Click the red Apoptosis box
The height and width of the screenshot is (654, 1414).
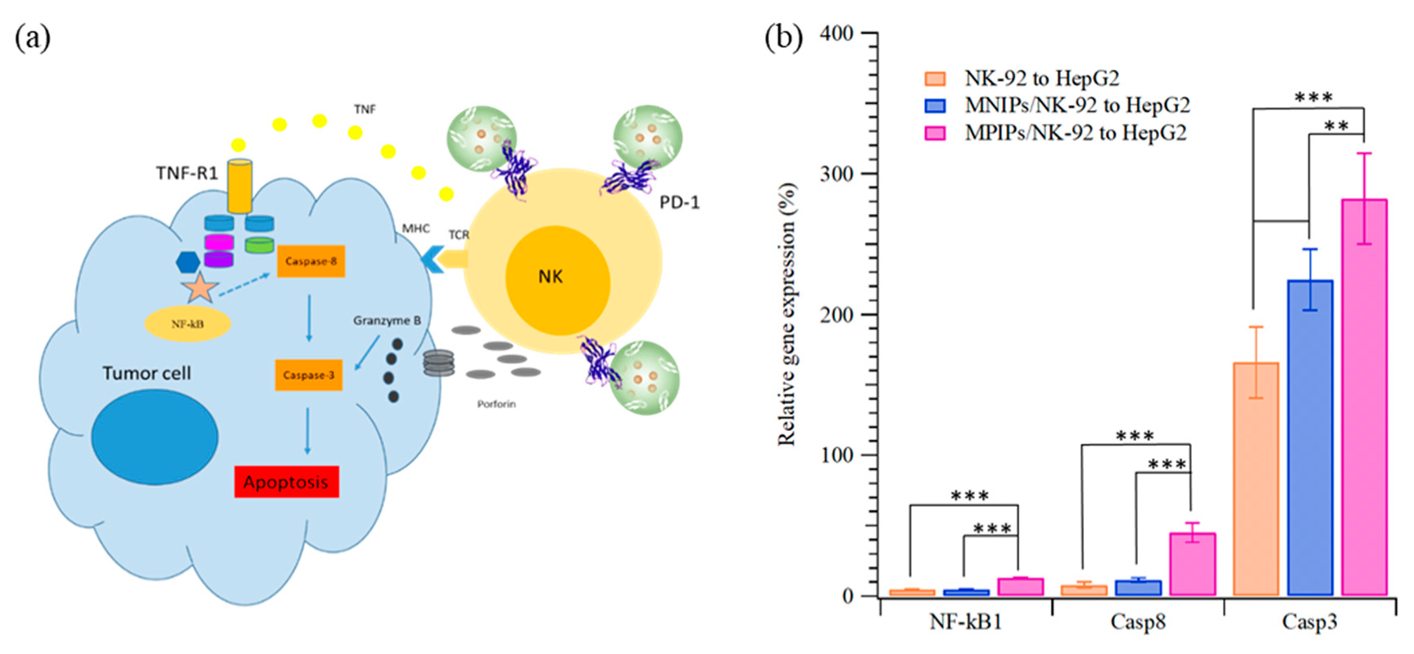[286, 482]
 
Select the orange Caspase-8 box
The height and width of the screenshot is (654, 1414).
[310, 261]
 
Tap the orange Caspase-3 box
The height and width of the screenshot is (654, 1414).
[308, 375]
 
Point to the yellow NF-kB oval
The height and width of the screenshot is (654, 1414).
[188, 324]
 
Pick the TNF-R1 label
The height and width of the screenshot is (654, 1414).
[187, 173]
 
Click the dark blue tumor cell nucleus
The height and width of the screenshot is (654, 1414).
[155, 437]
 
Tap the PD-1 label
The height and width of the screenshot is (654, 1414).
[679, 202]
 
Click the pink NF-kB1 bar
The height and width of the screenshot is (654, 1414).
[1020, 586]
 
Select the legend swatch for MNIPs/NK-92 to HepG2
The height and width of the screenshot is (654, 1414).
[935, 106]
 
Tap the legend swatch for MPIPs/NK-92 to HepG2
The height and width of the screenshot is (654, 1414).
[935, 133]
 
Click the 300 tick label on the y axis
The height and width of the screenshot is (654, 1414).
[836, 174]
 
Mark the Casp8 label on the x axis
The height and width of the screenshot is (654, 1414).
[1137, 622]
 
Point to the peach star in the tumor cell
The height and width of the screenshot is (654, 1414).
[200, 288]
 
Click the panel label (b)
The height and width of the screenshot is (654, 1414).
[783, 37]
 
